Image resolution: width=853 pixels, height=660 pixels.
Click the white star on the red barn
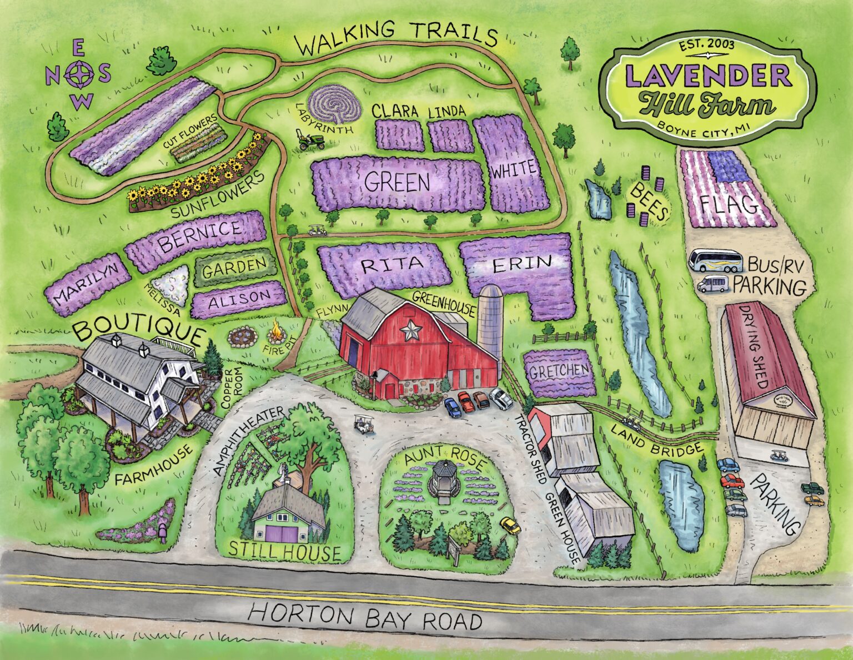pos(412,331)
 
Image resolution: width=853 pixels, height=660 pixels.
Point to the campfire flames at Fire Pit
pos(275,334)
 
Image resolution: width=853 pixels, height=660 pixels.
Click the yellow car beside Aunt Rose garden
pos(510,525)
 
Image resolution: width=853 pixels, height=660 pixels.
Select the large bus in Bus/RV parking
pos(715,260)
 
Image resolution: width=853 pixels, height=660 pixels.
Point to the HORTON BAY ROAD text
pos(365,618)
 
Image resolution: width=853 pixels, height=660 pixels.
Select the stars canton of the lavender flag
pos(728,166)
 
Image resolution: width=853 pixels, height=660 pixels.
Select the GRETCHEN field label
pos(558,371)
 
